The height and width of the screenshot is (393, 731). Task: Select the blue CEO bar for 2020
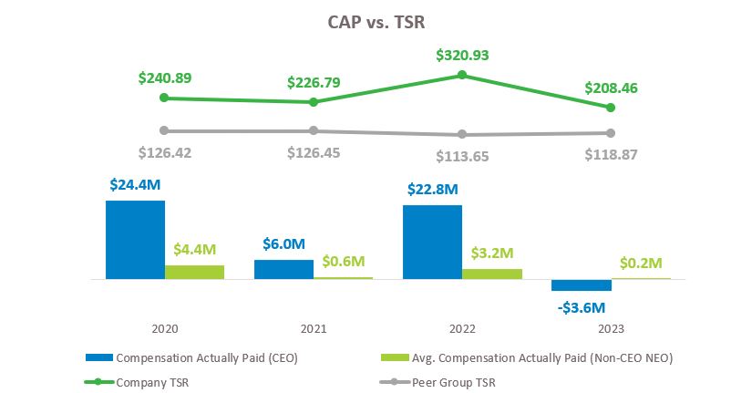coord(135,239)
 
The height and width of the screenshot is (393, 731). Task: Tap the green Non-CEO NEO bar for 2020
coord(194,272)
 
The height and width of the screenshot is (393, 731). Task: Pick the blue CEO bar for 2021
coord(283,269)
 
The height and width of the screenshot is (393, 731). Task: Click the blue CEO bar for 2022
coord(432,242)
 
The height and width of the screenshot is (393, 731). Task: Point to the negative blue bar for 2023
coord(581,284)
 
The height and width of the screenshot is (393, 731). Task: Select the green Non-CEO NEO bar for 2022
coord(491,274)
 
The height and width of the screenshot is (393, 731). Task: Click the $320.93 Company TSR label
coord(462,55)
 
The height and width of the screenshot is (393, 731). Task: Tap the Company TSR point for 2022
coord(462,75)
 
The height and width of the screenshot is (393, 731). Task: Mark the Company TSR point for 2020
coord(164,98)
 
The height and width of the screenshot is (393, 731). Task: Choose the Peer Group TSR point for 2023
coord(611,133)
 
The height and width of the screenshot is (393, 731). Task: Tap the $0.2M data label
coord(641,262)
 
